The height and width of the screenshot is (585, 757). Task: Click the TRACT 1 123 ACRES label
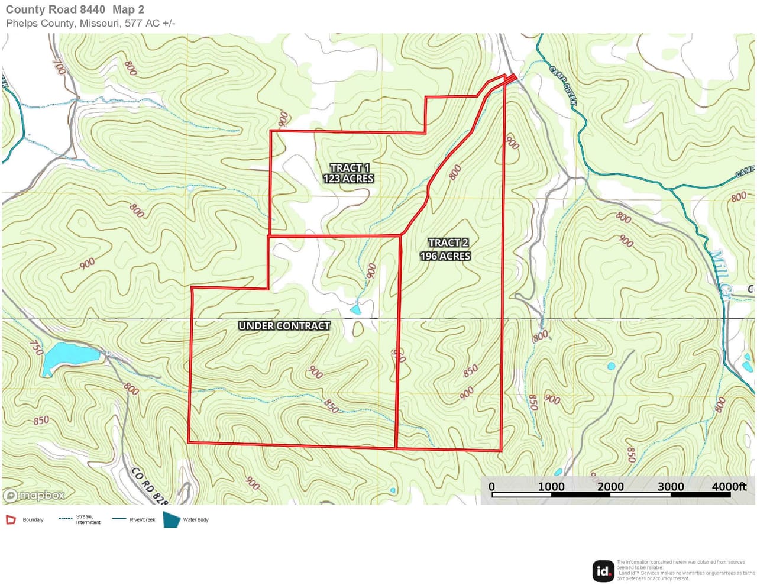coord(348,173)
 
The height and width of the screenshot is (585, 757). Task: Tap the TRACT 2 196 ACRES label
coord(446,250)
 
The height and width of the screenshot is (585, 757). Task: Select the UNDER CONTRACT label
coord(284,326)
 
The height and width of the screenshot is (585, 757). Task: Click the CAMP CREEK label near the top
coord(563,86)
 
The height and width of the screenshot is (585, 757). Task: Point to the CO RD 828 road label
coord(149,485)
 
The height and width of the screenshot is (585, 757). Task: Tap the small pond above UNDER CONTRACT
coord(355,309)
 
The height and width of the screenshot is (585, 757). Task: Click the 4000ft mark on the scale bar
coord(729,487)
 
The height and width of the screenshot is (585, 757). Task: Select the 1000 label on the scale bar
coord(551,487)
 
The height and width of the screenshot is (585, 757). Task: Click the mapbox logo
coord(34,495)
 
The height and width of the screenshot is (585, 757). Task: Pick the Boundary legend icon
coord(11,519)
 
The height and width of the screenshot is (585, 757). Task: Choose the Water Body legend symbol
coord(172,519)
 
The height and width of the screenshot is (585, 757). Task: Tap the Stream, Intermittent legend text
coord(88,519)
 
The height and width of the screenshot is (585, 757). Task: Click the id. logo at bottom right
coord(603,571)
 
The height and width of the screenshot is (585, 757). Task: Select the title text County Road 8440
coord(56,9)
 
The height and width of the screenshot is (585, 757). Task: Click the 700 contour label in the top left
coord(59,65)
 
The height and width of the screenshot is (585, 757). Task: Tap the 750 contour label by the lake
coord(36,347)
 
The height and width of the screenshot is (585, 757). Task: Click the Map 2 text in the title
coord(128,9)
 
